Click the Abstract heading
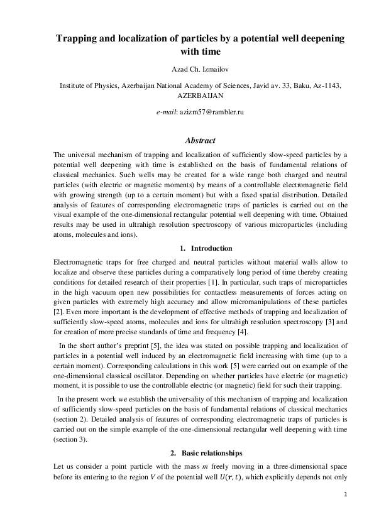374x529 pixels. click(x=200, y=141)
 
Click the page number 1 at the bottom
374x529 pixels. click(x=345, y=495)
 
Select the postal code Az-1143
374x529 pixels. click(x=326, y=85)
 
